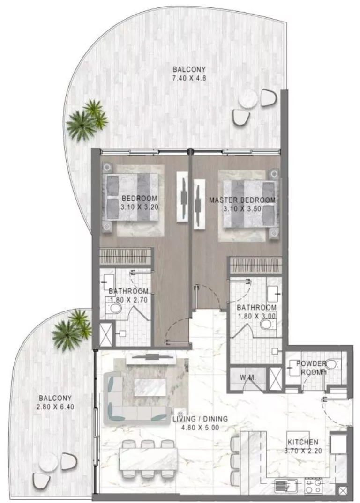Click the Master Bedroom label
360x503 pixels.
(242, 200)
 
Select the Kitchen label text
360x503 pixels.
(303, 442)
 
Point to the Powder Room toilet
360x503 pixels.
(332, 364)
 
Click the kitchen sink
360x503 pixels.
(283, 485)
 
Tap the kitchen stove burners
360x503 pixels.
(313, 485)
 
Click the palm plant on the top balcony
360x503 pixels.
(87, 119)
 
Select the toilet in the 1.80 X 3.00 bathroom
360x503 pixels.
(267, 324)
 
